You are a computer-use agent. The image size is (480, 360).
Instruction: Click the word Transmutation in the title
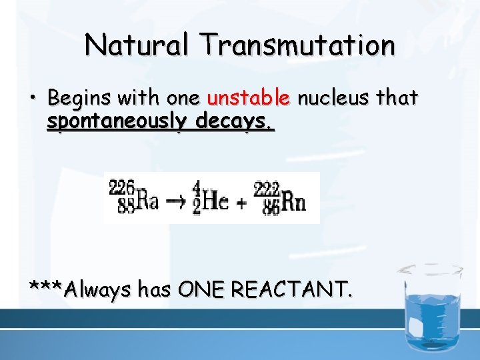click(299, 45)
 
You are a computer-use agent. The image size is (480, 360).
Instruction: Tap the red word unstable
click(249, 99)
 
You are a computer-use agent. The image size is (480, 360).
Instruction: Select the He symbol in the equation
click(215, 201)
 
